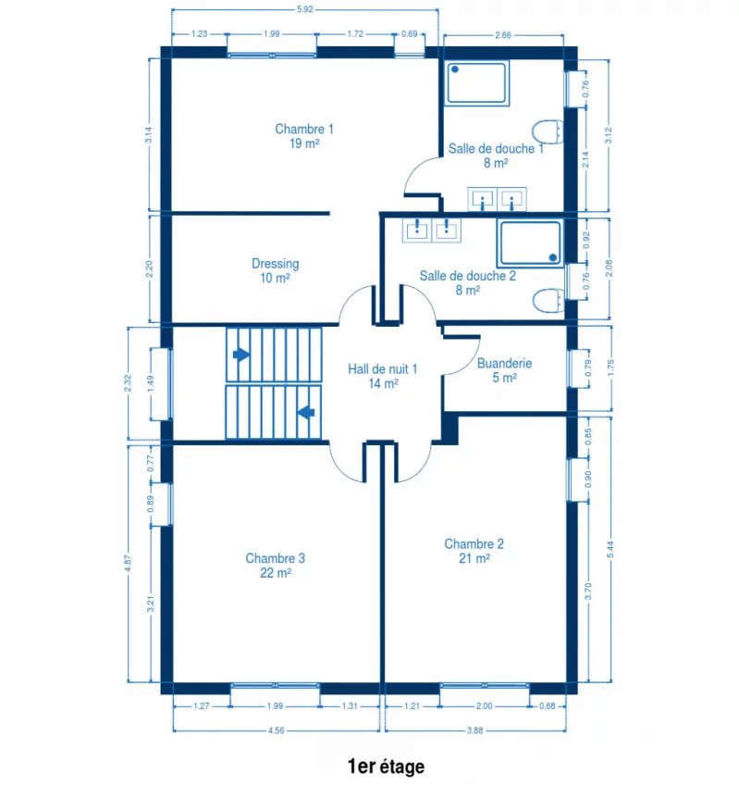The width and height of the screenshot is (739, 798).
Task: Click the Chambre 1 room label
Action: (x=304, y=130)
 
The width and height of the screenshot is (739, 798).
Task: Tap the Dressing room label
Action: (x=275, y=264)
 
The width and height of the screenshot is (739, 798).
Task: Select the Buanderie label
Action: (x=504, y=364)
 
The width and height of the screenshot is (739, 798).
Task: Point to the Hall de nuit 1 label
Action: (x=383, y=369)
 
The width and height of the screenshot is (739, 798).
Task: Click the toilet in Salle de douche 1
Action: (x=548, y=131)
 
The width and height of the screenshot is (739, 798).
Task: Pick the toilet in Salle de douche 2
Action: (x=548, y=300)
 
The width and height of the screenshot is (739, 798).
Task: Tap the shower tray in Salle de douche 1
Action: (x=476, y=82)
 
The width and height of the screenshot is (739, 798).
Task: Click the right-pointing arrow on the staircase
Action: (x=241, y=355)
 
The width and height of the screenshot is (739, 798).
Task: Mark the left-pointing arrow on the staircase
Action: (x=305, y=412)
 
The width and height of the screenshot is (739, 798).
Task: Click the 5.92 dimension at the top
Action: (x=304, y=9)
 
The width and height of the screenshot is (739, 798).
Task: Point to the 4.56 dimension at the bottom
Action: (x=276, y=730)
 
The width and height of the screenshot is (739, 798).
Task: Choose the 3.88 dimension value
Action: (x=474, y=730)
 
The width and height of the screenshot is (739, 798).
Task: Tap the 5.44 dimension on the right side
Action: (x=610, y=549)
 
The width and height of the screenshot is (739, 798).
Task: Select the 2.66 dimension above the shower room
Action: (x=502, y=35)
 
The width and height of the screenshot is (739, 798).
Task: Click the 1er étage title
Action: (x=386, y=767)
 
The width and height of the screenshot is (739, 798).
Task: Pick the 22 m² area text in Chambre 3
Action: (x=275, y=573)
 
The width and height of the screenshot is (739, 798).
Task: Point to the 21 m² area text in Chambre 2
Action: (x=474, y=558)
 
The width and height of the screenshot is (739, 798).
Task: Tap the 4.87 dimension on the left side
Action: (x=128, y=563)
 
